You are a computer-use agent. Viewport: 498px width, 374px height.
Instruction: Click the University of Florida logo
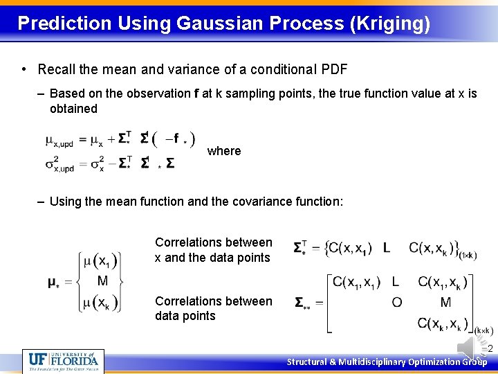point(63,360)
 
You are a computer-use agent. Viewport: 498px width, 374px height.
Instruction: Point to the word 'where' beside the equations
point(224,151)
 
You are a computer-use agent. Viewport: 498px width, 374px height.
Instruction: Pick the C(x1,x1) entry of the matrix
point(357,282)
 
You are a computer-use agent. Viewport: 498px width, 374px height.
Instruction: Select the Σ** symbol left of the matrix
point(302,303)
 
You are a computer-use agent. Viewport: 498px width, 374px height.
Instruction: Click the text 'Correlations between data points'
point(213,308)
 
